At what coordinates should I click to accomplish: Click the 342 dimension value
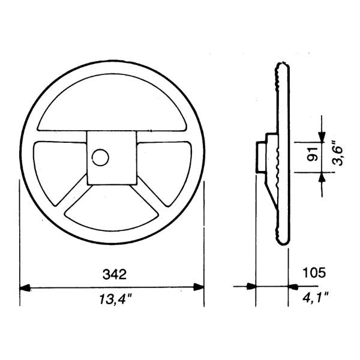coord(115,274)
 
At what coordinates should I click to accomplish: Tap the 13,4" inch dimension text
coord(116,299)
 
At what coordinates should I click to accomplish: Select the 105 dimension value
coord(314,273)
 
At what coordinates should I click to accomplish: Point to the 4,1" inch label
coord(316,298)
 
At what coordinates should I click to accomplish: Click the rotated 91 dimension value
coord(312,155)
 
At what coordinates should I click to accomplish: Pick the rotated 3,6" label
coord(337,155)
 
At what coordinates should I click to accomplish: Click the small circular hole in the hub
coord(100,157)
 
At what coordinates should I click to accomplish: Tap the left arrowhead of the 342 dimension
coord(25,287)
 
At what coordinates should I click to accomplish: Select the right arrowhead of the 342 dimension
coord(199,287)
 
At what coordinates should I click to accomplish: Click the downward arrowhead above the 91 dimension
coord(322,137)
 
